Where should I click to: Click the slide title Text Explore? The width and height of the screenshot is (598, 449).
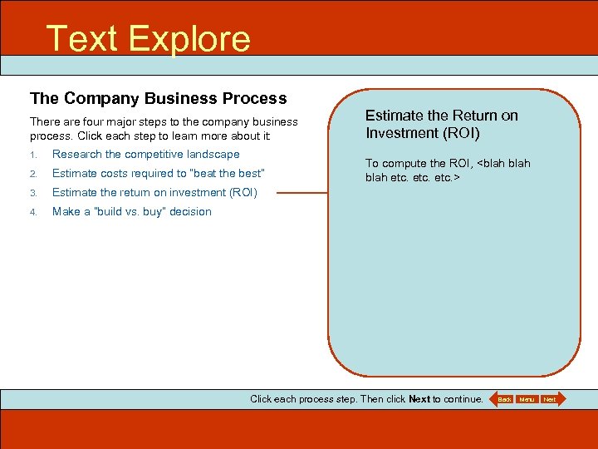(148, 38)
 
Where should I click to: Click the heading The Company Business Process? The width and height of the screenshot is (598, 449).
(158, 98)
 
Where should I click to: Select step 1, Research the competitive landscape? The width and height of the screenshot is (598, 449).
(145, 154)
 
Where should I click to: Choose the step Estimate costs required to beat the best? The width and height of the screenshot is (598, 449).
(158, 173)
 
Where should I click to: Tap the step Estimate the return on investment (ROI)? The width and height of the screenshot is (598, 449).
(154, 192)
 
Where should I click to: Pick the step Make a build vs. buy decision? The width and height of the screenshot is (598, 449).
(131, 211)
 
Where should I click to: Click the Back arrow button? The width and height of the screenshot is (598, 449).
(502, 399)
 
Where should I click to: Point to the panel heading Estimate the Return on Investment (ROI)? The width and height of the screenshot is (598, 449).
(441, 124)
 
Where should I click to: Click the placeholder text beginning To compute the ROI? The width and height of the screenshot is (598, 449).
(448, 170)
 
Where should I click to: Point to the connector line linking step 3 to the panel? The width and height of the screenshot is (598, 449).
(302, 193)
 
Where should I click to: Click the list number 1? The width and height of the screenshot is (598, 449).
(33, 155)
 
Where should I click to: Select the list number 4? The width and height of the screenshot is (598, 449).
(33, 212)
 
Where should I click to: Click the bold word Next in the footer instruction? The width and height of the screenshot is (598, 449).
(419, 399)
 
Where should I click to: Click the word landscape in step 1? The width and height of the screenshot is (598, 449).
(213, 154)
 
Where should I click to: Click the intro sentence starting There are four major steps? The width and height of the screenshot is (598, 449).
(164, 129)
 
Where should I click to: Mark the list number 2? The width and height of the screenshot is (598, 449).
(33, 174)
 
